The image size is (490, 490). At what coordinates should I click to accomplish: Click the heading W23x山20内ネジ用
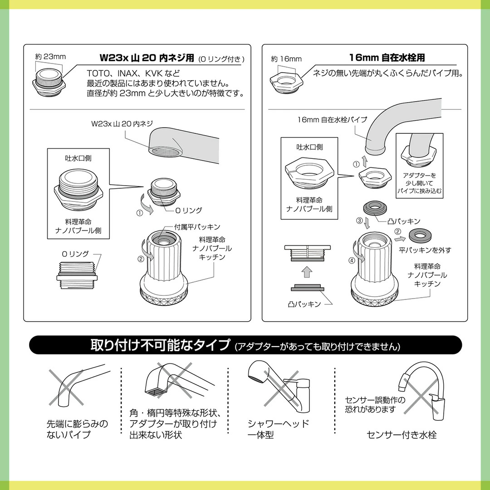click(x=147, y=58)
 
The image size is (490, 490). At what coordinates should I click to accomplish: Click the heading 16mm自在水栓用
click(x=387, y=58)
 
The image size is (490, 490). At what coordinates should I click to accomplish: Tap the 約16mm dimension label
click(x=286, y=59)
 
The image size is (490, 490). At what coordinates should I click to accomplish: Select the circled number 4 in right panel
click(x=352, y=260)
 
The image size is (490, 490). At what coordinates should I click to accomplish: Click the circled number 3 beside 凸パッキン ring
click(x=360, y=221)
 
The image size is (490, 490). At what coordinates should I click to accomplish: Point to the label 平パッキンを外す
click(x=425, y=250)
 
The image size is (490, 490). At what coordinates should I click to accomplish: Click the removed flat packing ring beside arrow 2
click(x=418, y=234)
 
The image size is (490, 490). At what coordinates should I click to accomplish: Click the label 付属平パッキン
click(x=197, y=227)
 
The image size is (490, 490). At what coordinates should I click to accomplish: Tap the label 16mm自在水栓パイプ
click(x=332, y=120)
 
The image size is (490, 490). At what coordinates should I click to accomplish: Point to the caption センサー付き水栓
click(x=402, y=435)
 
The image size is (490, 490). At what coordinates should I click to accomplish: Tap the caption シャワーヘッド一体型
click(x=278, y=429)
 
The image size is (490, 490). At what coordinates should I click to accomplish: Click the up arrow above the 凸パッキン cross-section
click(x=307, y=272)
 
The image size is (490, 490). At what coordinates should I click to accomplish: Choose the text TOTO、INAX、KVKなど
click(x=133, y=73)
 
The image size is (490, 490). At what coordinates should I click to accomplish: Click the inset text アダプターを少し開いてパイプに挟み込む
click(x=419, y=183)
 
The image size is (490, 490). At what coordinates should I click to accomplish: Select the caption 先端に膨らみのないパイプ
click(x=77, y=429)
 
